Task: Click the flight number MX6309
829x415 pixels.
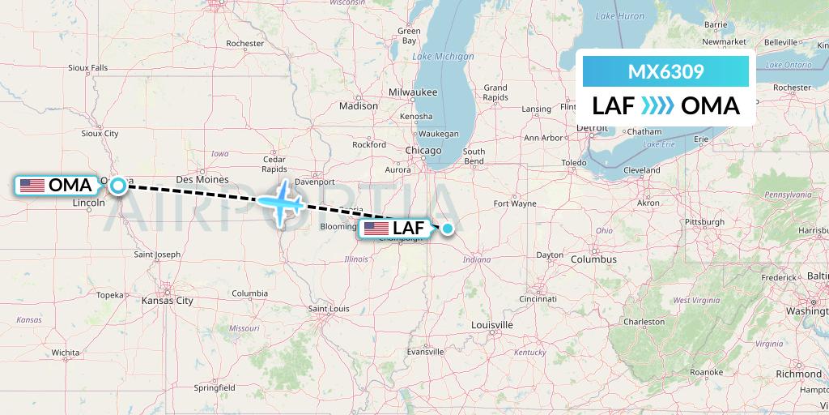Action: pyautogui.click(x=665, y=71)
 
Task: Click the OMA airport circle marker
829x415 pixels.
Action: pyautogui.click(x=118, y=186)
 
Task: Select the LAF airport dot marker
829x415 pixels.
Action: pyautogui.click(x=447, y=229)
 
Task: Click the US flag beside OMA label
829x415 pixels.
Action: pyautogui.click(x=32, y=186)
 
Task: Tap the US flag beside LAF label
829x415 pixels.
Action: pyautogui.click(x=376, y=229)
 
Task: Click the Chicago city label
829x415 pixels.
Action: pyautogui.click(x=424, y=151)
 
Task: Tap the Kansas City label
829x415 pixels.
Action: pyautogui.click(x=167, y=301)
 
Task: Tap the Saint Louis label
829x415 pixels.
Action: pyautogui.click(x=328, y=309)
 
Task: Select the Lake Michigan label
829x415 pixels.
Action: pyautogui.click(x=443, y=57)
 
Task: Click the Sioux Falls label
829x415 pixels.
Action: pyautogui.click(x=88, y=68)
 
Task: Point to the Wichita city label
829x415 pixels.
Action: pyautogui.click(x=65, y=353)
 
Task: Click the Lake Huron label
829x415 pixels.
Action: pyautogui.click(x=619, y=16)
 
